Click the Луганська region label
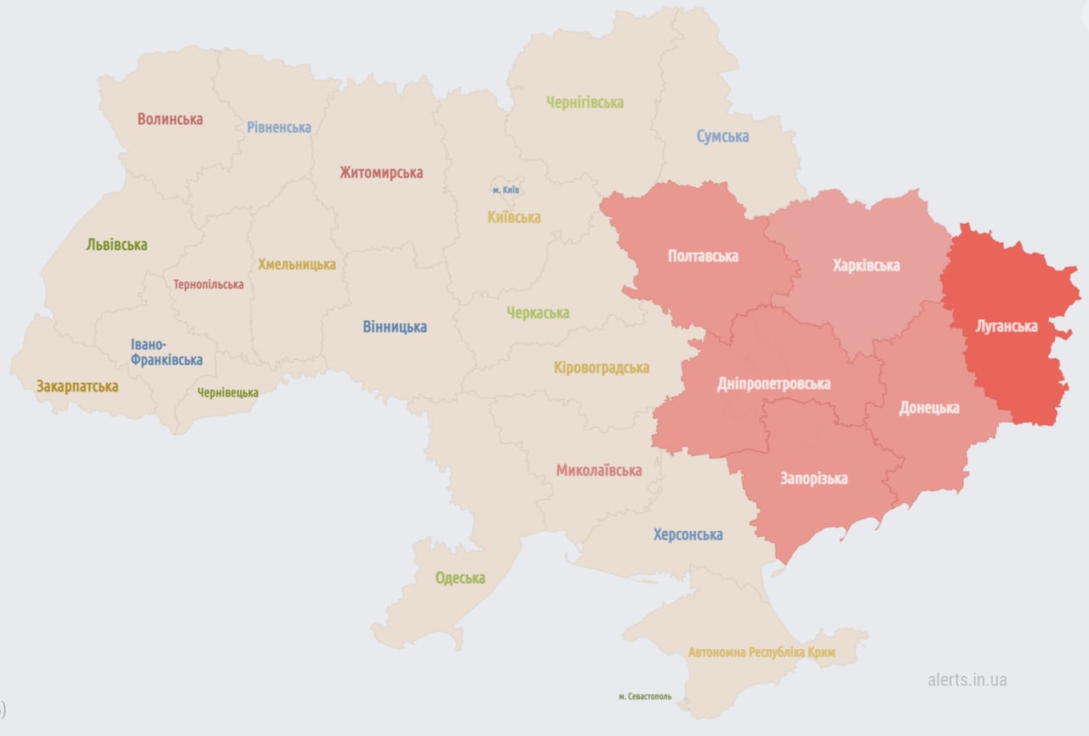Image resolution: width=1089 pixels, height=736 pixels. pos(1006,326)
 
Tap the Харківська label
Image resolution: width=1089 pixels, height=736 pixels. pos(866,265)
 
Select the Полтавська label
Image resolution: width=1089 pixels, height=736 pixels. pos(703,256)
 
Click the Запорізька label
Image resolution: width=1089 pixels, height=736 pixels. pos(813,478)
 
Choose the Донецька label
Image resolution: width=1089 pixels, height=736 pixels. pos(929,408)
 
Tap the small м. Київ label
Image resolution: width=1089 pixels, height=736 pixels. pos(505,190)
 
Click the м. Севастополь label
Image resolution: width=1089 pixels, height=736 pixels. pos(645,696)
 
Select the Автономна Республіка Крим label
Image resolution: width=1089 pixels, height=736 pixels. pos(761,653)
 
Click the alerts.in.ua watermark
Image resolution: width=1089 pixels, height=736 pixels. pos(967,680)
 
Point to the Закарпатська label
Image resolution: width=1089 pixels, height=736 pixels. pos(77,386)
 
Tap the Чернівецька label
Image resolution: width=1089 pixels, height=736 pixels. pos(227,393)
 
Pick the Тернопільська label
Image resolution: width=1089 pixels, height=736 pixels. pos(208,285)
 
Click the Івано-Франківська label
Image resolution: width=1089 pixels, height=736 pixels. pos(167,352)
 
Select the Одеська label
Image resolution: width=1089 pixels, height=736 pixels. pos(460,579)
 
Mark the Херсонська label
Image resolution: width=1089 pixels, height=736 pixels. pos(687,534)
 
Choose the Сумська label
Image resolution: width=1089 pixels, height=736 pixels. pos(722,136)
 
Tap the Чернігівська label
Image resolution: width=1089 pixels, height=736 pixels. pos(584,102)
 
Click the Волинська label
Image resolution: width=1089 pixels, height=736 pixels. pos(170,119)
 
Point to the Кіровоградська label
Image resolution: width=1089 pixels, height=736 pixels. pos(602,368)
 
